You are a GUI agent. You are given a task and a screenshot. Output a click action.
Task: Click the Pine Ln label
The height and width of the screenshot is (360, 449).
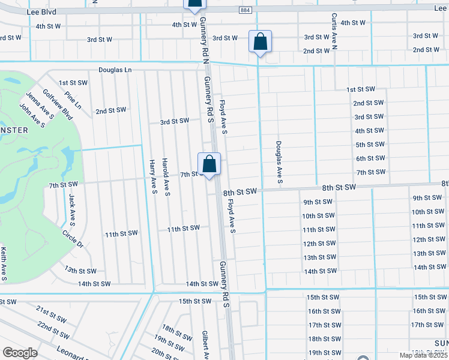tap(73, 100)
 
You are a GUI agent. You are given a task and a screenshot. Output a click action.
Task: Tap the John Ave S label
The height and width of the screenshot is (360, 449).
tap(32, 115)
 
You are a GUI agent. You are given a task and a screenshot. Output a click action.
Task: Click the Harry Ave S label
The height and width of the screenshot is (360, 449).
tap(153, 177)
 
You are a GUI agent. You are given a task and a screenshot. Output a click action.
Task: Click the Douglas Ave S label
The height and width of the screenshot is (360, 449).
tap(279, 162)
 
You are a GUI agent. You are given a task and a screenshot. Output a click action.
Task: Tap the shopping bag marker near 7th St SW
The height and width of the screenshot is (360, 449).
tap(209, 164)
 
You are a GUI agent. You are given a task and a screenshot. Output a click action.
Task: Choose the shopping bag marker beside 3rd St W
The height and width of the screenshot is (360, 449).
tap(260, 42)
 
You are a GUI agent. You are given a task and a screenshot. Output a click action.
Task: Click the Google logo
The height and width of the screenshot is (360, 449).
tap(20, 352)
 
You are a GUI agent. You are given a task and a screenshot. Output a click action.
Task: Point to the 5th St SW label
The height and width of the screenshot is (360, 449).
tap(370, 145)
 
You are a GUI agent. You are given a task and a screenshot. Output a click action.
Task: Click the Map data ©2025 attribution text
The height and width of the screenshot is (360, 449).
tap(423, 355)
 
